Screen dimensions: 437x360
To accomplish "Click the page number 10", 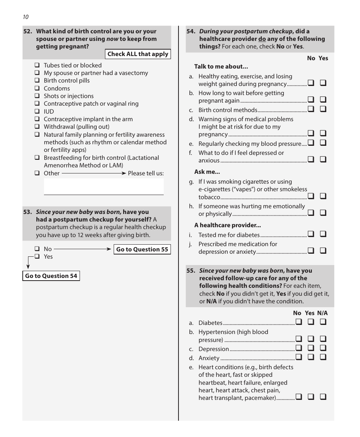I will (25, 17).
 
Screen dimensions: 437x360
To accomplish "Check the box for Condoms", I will (37, 88).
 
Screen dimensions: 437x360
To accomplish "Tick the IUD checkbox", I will (37, 111).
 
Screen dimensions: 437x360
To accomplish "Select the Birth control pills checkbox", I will (37, 80).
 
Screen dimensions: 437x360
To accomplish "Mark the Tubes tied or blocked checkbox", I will (37, 65).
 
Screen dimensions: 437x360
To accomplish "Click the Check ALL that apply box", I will (138, 54).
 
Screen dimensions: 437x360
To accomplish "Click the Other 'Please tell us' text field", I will (103, 187).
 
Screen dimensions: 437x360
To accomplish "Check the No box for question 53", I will (37, 249).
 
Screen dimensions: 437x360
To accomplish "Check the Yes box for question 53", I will (37, 256).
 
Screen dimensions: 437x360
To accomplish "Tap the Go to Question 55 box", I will (142, 249).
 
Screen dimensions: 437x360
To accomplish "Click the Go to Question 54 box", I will (51, 276).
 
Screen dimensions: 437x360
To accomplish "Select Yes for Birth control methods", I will (323, 109).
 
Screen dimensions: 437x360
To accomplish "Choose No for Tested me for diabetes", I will (311, 234).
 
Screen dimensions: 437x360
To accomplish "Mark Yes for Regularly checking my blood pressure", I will (323, 143).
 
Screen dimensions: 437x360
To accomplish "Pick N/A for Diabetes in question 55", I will (323, 322).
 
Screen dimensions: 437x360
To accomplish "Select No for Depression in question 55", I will (299, 348).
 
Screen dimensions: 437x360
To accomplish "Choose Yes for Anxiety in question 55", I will (311, 357).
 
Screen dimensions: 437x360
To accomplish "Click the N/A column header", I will (322, 313).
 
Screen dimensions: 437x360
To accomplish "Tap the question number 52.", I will (28, 31).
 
